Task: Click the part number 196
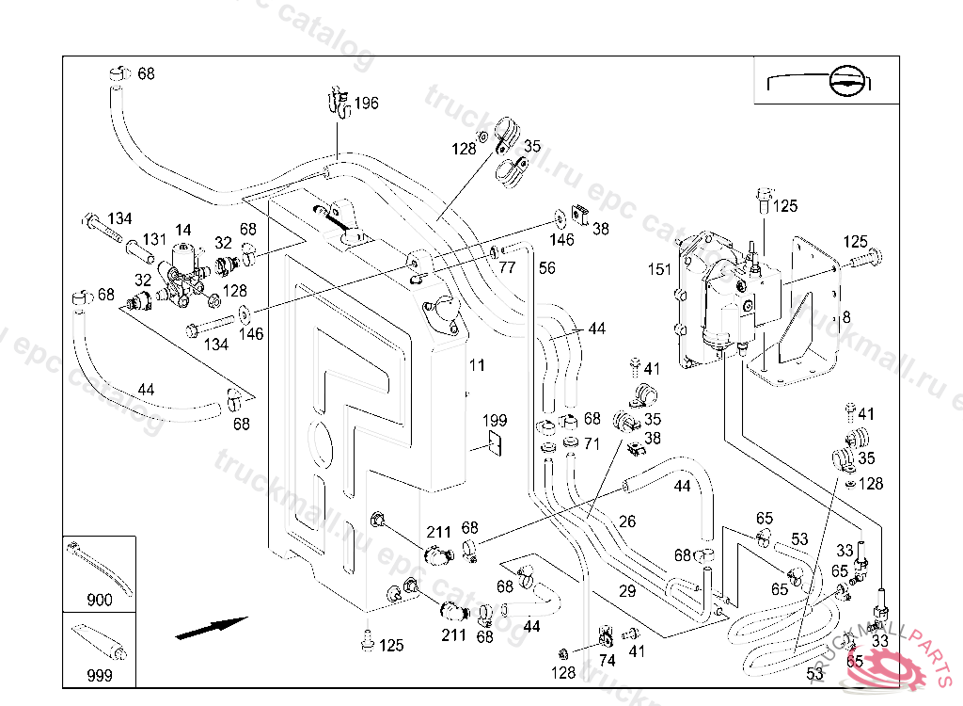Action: point(366,103)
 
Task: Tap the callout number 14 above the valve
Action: point(182,229)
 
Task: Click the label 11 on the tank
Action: point(478,364)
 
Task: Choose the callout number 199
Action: point(495,420)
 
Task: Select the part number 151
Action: point(660,269)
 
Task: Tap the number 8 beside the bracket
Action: point(845,317)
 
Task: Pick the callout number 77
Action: point(507,267)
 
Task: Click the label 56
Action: point(547,268)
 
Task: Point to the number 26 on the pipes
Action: point(627,521)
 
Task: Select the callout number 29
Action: point(627,591)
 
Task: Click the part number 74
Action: point(607,661)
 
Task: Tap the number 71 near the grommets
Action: point(592,442)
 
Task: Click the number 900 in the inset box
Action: point(99,600)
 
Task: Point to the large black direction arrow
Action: point(212,628)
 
